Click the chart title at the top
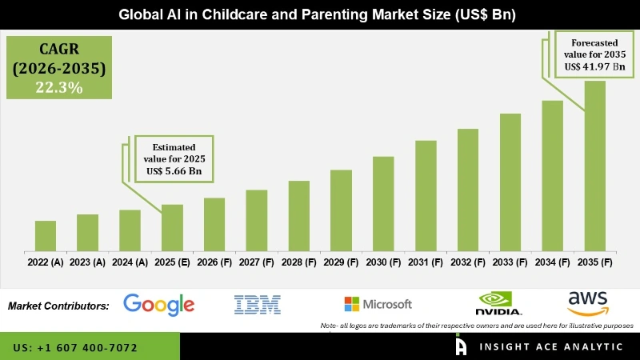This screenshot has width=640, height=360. tap(320, 14)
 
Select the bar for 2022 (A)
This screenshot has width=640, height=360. tap(46, 235)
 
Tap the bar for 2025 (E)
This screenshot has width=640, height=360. tap(172, 227)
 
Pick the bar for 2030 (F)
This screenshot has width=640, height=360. tap(383, 203)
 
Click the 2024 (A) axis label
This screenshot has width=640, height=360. tap(130, 262)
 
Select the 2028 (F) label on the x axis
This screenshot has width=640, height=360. tap(298, 262)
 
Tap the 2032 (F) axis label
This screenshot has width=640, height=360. tap(468, 262)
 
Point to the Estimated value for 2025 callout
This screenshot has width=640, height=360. tap(173, 158)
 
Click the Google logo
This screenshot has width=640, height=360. tap(159, 305)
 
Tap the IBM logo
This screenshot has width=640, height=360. tap(257, 304)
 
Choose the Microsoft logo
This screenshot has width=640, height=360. tap(378, 304)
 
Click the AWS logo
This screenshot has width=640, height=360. tap(588, 304)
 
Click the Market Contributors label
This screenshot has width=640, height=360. tap(58, 306)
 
